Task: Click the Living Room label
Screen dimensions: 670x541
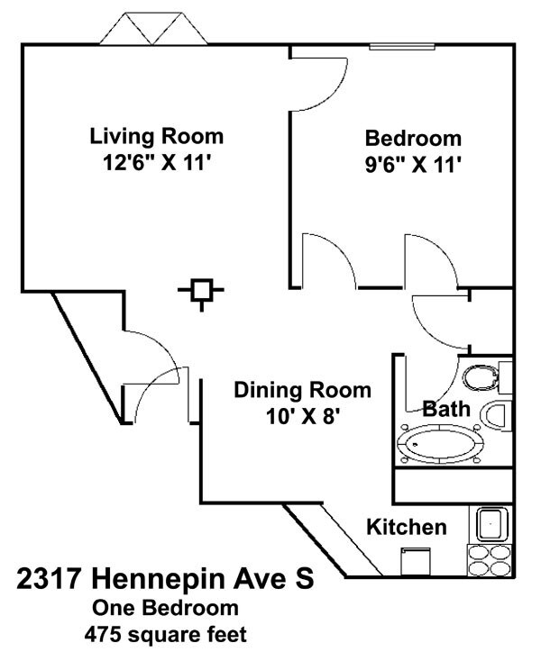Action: [156, 137]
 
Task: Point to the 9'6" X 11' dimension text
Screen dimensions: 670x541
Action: [413, 165]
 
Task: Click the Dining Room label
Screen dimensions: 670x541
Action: [302, 390]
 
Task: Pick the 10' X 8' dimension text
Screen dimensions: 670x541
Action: [302, 416]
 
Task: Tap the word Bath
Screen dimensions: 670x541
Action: [447, 409]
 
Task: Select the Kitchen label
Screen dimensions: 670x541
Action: [406, 527]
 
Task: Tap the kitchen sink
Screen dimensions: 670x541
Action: [491, 523]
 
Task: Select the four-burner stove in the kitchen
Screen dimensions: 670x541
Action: [491, 560]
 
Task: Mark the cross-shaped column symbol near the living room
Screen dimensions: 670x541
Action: [202, 292]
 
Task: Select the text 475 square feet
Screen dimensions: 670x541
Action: [165, 635]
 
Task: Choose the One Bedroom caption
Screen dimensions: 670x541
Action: [165, 608]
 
